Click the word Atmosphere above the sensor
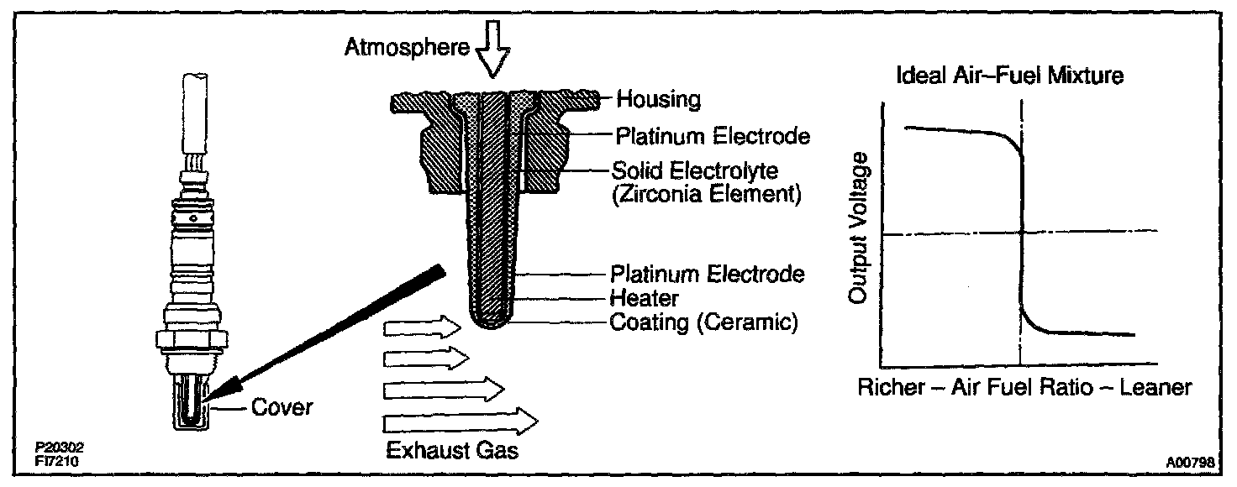click(406, 49)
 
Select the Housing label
click(658, 100)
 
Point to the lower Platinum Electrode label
click(708, 274)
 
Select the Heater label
click(645, 297)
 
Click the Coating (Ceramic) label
click(703, 322)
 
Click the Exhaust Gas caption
click(452, 451)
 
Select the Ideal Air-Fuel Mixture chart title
click(1010, 76)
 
